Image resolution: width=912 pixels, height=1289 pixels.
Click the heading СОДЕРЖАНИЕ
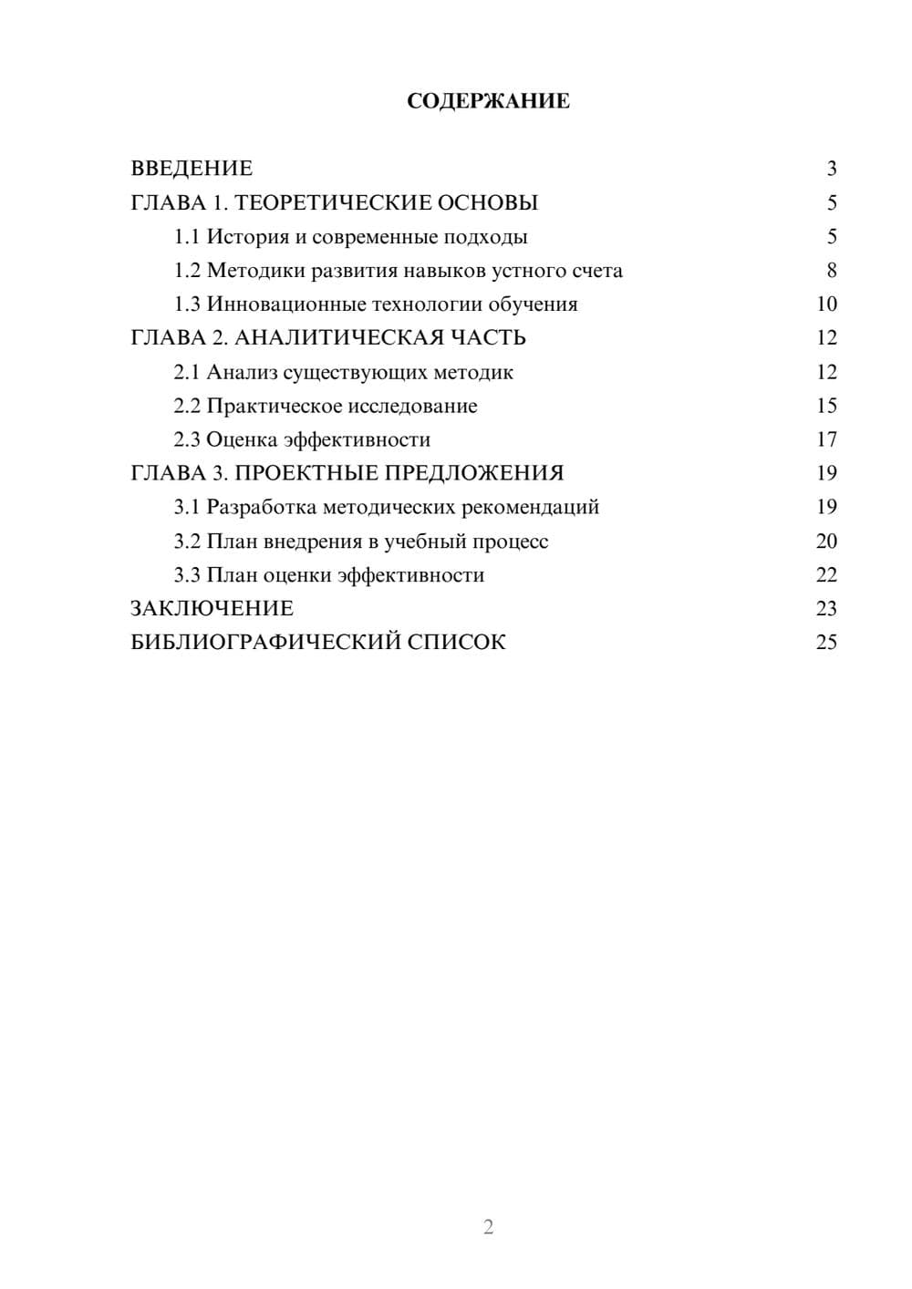[488, 101]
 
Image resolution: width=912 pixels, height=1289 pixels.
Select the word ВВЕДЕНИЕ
[192, 169]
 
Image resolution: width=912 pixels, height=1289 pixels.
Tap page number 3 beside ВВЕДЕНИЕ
[831, 169]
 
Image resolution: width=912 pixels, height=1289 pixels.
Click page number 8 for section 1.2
[831, 271]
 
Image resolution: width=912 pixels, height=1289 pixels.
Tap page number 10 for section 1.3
[826, 304]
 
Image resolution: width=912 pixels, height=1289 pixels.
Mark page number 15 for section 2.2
[826, 406]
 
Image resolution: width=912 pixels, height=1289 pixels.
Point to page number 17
[826, 439]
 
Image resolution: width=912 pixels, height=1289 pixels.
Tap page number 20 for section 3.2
[826, 541]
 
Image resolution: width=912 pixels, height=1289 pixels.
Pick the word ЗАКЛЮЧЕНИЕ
[212, 608]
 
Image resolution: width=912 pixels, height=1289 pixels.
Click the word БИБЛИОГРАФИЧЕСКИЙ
[264, 642]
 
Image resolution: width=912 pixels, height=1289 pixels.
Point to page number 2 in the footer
[488, 1227]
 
